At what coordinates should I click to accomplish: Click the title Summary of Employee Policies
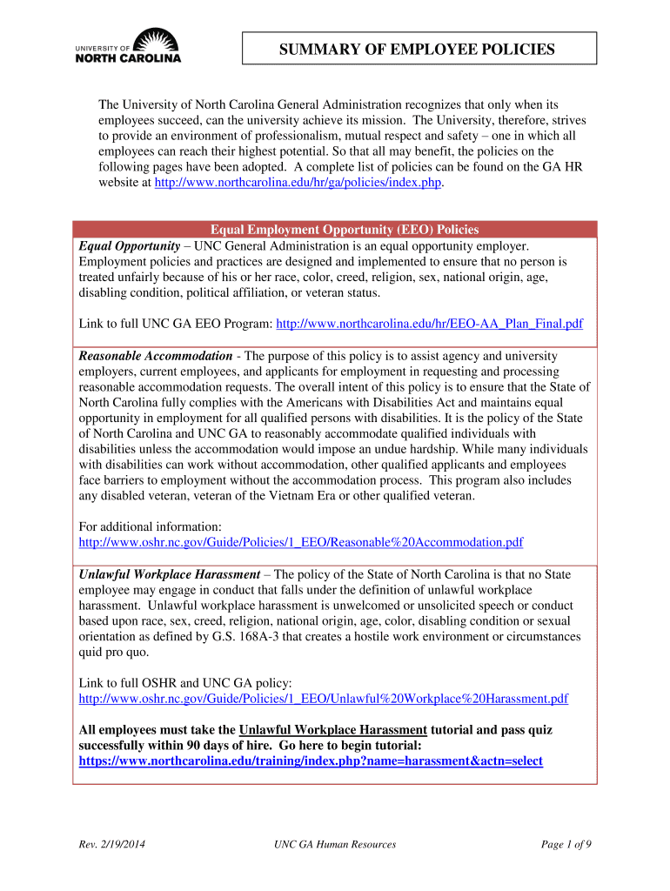(x=417, y=50)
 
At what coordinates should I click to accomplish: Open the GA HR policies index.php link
(x=298, y=184)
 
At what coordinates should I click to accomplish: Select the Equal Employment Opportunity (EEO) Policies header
(x=335, y=230)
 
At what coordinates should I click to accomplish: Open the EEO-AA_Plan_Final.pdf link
(x=429, y=324)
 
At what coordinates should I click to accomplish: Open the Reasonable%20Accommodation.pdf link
(x=301, y=542)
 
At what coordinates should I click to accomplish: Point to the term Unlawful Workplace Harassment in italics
(x=170, y=574)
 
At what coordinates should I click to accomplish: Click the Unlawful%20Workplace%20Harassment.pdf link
(x=324, y=699)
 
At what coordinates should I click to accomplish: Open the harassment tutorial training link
(x=311, y=760)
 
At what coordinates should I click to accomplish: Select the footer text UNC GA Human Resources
(x=335, y=844)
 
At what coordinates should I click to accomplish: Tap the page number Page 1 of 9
(x=566, y=844)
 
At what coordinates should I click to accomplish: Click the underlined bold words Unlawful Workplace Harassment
(x=333, y=730)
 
